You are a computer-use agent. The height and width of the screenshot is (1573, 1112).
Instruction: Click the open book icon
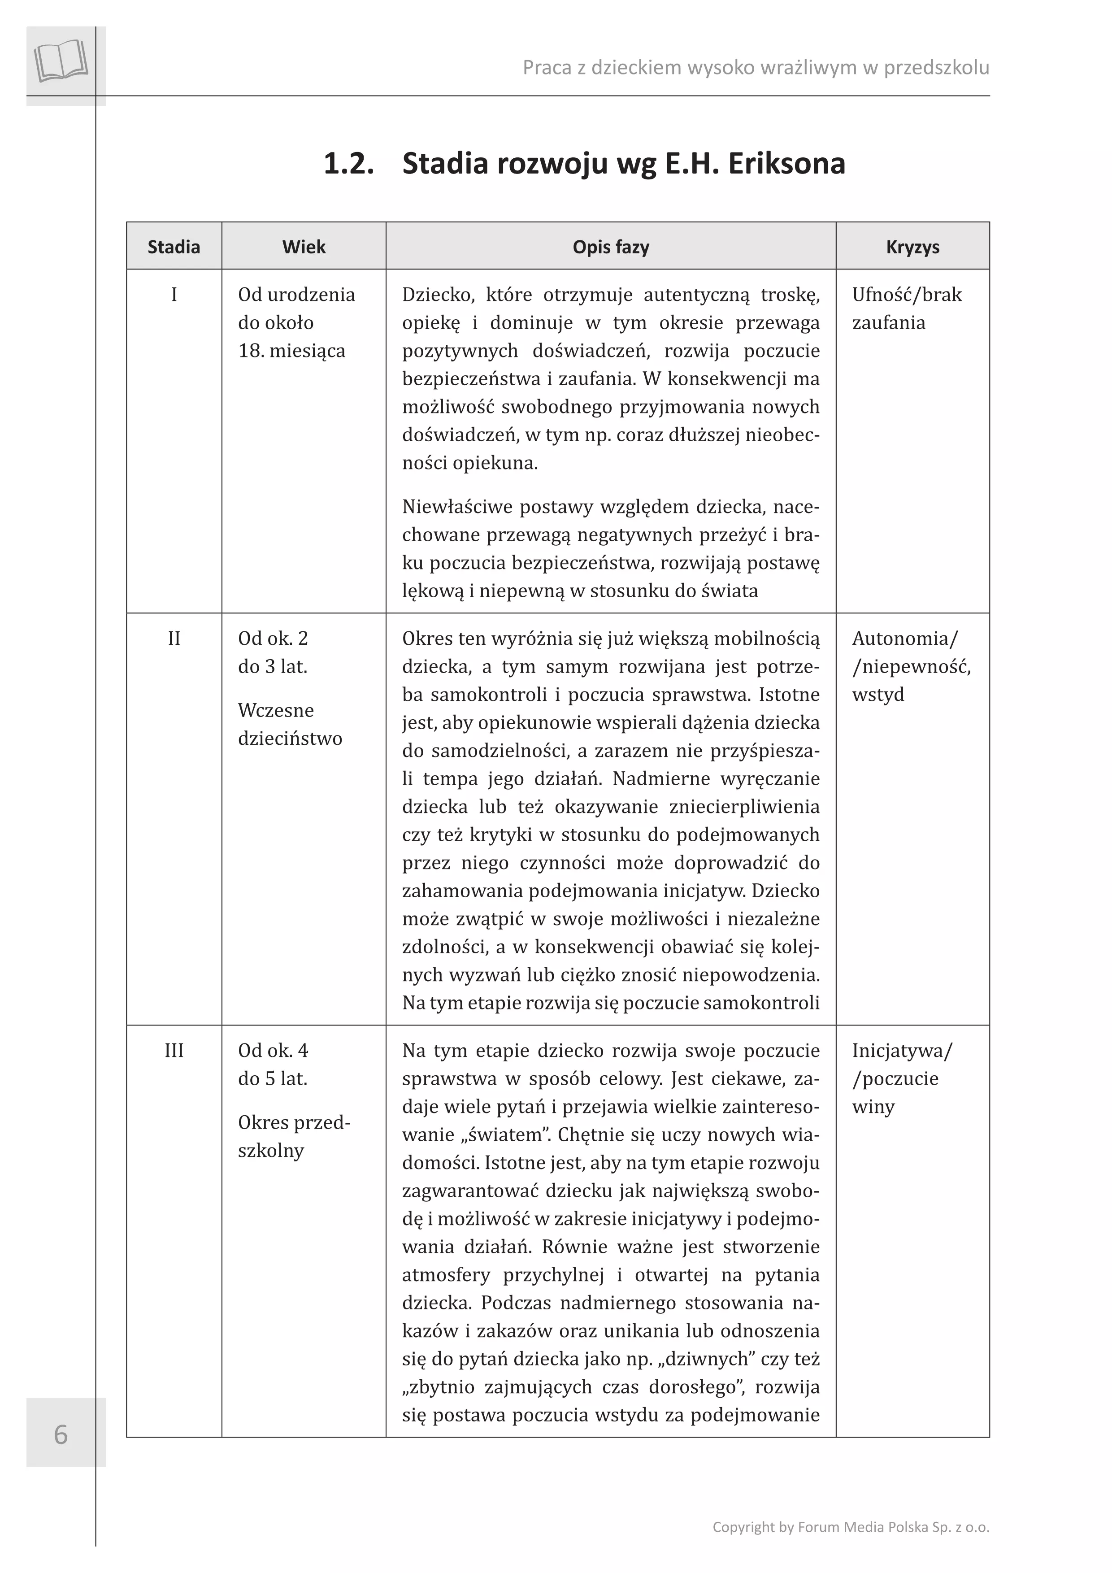point(61,62)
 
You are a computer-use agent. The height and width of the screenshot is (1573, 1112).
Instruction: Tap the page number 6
point(61,1434)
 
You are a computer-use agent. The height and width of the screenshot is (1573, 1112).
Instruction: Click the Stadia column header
point(174,247)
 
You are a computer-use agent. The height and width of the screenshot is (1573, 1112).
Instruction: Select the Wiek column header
point(304,247)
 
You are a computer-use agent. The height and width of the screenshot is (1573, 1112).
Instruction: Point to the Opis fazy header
point(610,247)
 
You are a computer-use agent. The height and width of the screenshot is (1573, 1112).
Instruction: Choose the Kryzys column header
point(912,247)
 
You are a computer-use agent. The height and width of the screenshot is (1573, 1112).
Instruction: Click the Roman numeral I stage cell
point(174,295)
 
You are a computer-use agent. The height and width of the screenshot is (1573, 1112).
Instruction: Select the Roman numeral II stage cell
point(174,639)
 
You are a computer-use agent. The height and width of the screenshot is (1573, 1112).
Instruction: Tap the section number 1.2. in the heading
point(349,164)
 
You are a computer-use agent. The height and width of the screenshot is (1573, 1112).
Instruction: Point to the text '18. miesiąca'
point(292,351)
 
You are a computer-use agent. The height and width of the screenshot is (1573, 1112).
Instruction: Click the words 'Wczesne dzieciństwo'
point(290,724)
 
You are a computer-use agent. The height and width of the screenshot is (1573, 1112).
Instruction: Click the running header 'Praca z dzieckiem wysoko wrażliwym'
point(755,67)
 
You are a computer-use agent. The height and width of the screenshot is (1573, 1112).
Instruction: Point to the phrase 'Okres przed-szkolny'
point(294,1137)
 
